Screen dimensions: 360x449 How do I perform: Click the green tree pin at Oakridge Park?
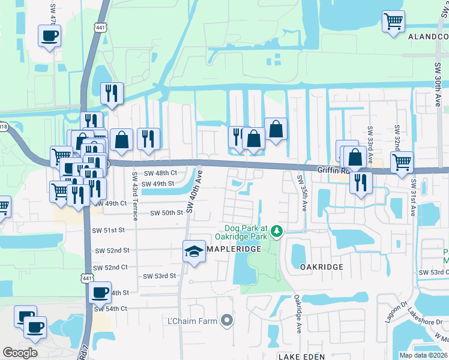point(276,230)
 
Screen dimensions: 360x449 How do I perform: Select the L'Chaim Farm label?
point(192,322)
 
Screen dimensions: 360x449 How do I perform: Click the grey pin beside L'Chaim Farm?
point(227,322)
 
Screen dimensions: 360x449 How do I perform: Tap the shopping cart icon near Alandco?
point(393,22)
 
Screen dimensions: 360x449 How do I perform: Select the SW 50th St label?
point(166,213)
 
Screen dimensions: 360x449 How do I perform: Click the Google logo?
point(20,353)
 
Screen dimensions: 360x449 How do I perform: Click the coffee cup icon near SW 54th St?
point(100,293)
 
